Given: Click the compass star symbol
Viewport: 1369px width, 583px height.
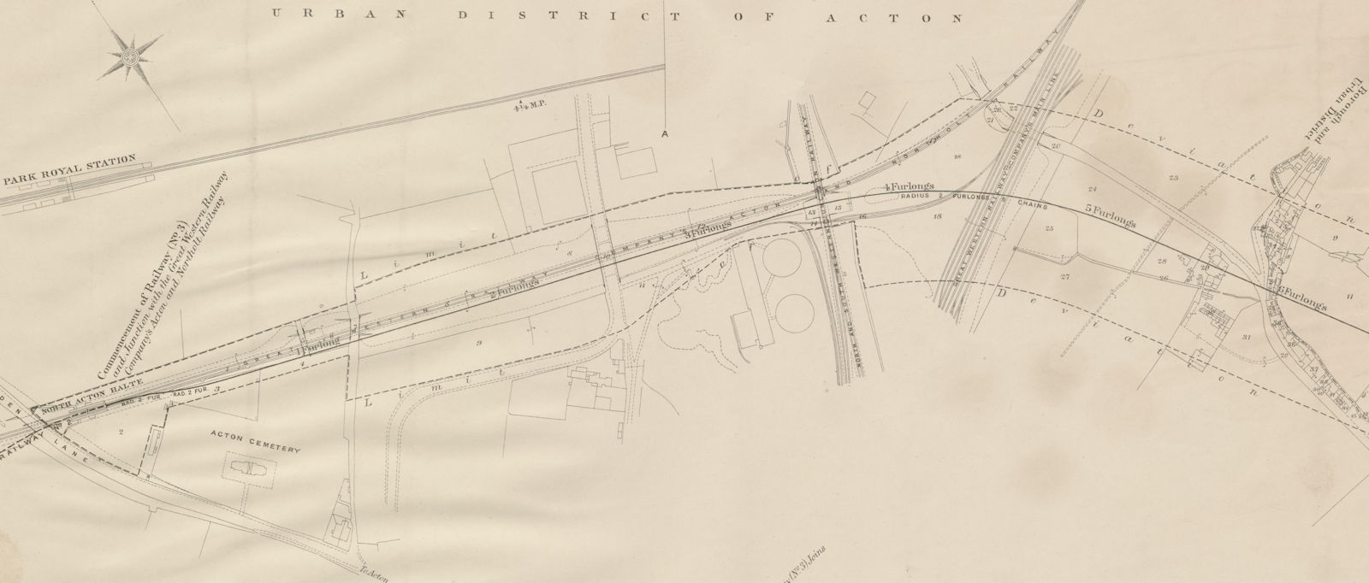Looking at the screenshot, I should pos(131,56).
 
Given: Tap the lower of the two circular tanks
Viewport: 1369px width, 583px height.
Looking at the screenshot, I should pos(794,312).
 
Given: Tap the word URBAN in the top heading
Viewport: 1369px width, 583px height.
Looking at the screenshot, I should pos(310,13).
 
